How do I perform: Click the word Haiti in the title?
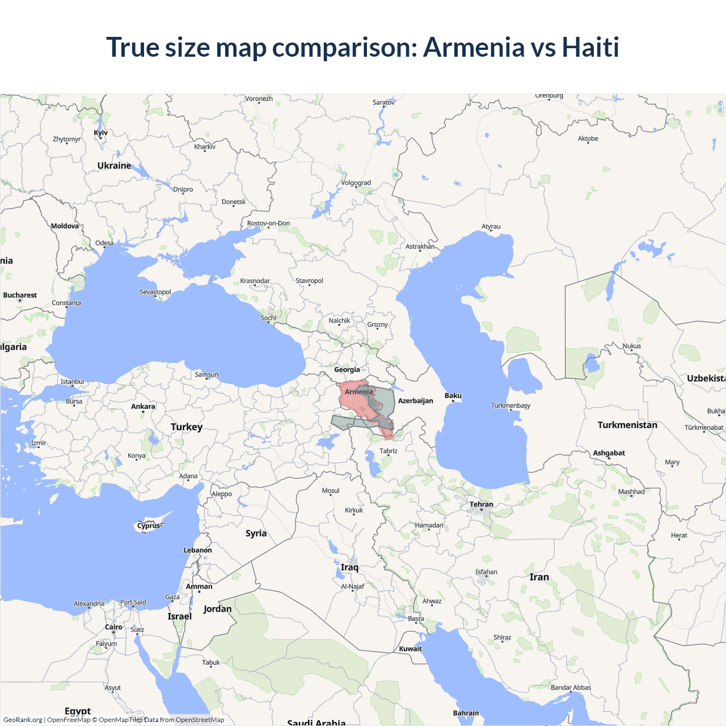point(590,47)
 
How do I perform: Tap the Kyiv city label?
point(100,133)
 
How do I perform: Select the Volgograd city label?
point(356,183)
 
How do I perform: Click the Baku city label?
point(453,395)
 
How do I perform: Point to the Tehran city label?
point(481,504)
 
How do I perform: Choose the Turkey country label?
point(187,427)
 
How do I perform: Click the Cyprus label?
point(149,526)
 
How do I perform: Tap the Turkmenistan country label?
point(627,425)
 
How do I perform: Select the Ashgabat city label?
point(609,453)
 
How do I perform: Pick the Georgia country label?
point(347,370)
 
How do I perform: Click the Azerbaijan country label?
point(415,400)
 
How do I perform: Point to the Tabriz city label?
point(389,451)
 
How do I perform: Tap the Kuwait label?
point(410,649)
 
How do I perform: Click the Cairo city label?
point(113,627)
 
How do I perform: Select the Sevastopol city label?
point(155,292)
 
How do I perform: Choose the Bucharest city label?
point(20,295)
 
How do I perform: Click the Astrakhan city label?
point(420,246)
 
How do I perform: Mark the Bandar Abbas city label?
point(571,687)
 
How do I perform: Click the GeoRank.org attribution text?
point(23,720)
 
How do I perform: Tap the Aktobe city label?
point(588,138)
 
